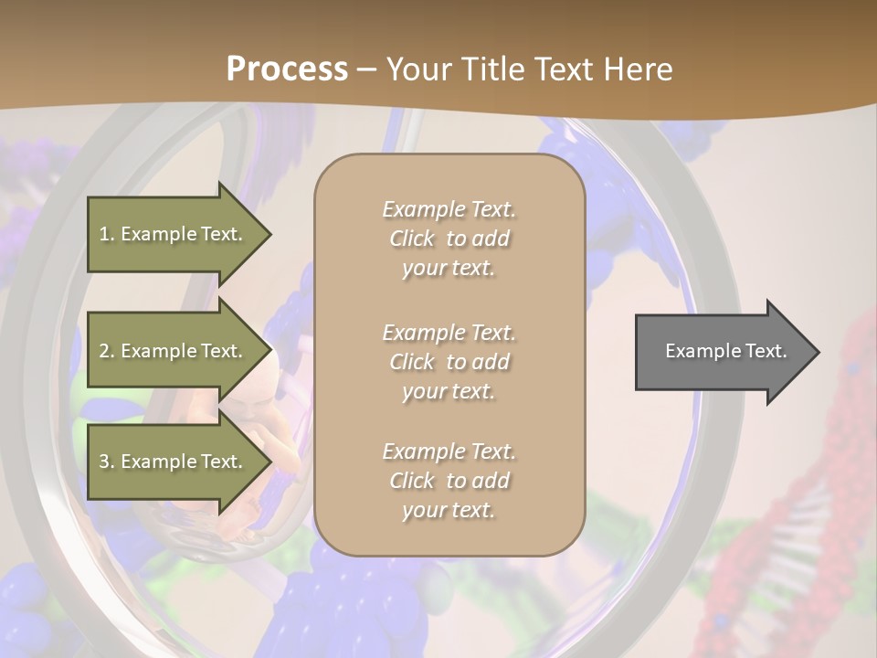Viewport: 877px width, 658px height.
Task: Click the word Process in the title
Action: [287, 69]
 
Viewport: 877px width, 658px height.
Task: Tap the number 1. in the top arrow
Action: [107, 235]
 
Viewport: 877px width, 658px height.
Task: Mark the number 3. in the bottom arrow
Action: [107, 462]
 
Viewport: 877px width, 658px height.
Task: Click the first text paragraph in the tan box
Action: [449, 239]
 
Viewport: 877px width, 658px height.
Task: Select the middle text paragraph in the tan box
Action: [449, 361]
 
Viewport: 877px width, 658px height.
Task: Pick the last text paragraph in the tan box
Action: [449, 481]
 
